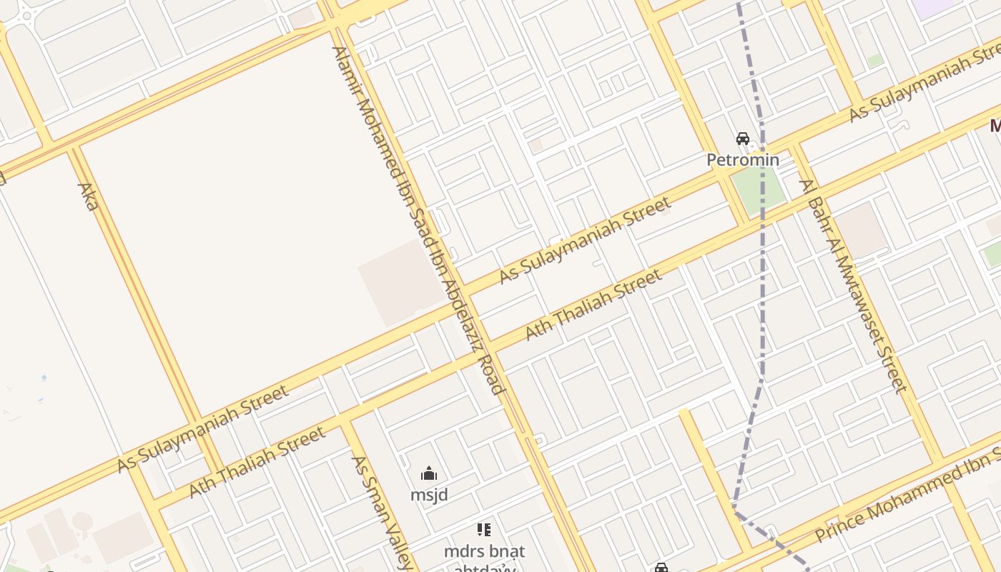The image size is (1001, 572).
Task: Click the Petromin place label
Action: tap(743, 159)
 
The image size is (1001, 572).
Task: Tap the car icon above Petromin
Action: tap(743, 139)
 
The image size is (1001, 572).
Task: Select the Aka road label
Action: tap(88, 197)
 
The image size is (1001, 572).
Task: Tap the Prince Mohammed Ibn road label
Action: tap(908, 493)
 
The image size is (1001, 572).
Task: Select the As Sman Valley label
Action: tap(382, 511)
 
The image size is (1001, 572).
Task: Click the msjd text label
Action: tap(429, 494)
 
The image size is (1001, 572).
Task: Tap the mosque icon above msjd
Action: tap(429, 473)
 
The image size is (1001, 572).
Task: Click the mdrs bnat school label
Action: tap(484, 551)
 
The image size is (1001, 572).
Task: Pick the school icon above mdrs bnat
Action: tap(484, 530)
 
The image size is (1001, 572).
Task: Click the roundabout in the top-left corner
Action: tap(27, 16)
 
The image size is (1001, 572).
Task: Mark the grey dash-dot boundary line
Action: tap(762, 286)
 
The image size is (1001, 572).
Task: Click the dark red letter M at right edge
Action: tap(995, 127)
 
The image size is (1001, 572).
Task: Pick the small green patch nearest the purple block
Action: tap(874, 61)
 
